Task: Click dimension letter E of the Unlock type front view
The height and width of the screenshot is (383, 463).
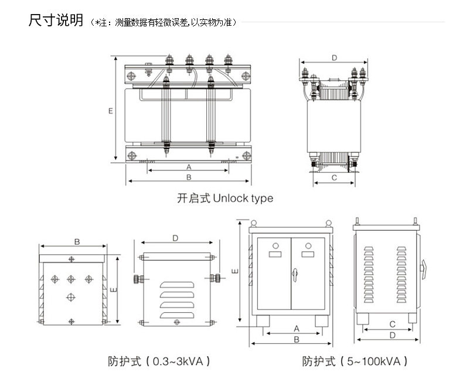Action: point(110,110)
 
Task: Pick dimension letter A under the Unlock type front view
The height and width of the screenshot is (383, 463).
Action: point(189,166)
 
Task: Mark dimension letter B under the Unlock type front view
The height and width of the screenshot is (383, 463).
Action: point(189,176)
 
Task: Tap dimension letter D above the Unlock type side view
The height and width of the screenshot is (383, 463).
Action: point(333,57)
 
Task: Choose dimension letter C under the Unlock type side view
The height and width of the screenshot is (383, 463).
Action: point(334,177)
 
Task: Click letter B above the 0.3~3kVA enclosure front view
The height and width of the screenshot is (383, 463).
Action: point(77,241)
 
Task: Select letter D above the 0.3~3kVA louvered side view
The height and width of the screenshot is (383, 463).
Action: point(175,238)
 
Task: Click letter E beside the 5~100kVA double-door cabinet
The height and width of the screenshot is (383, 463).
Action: point(234,271)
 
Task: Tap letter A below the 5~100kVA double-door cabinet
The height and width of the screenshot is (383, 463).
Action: point(296,329)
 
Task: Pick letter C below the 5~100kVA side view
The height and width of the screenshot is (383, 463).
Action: point(392,324)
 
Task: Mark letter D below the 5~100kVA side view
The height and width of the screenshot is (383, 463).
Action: point(392,335)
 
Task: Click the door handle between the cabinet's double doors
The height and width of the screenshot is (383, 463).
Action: point(297,273)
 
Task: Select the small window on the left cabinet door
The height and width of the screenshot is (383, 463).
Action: point(274,254)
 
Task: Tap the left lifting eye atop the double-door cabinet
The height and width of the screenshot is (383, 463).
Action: point(254,223)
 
